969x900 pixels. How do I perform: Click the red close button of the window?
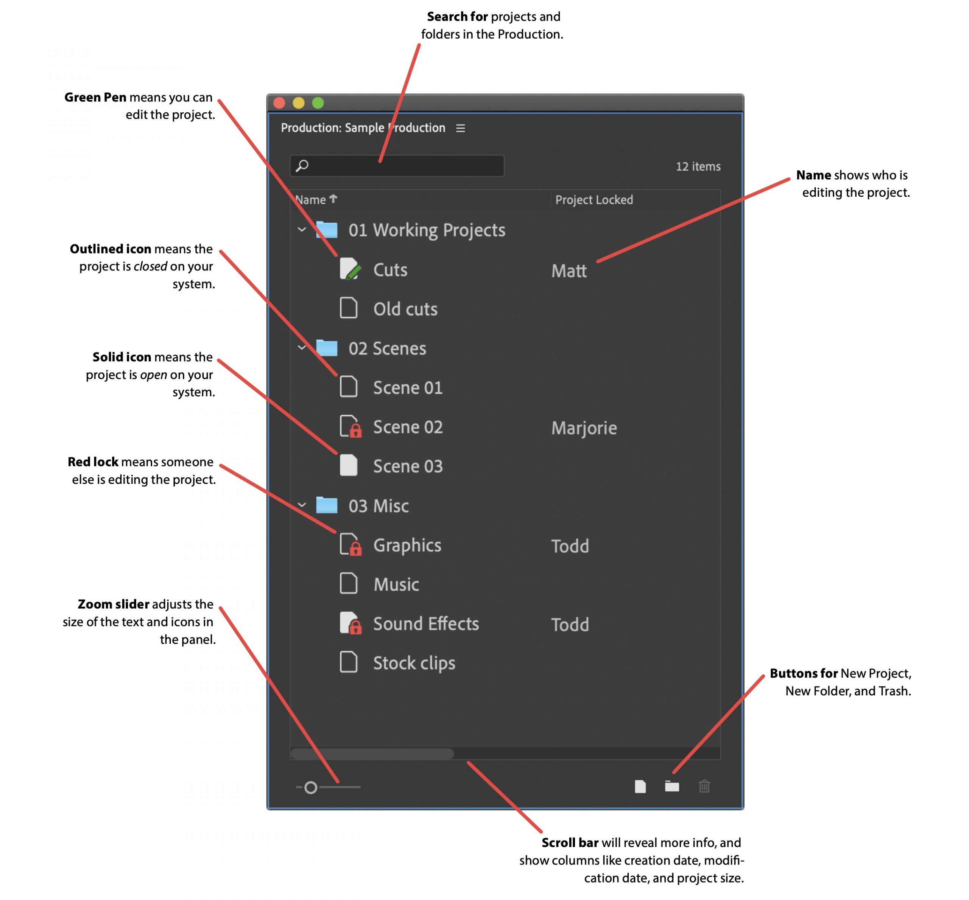pyautogui.click(x=279, y=103)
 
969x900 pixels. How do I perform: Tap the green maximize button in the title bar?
pyautogui.click(x=318, y=103)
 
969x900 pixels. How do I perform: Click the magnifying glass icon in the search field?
pyautogui.click(x=302, y=166)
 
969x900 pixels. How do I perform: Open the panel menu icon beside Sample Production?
pyautogui.click(x=460, y=128)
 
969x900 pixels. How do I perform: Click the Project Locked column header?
pyautogui.click(x=594, y=200)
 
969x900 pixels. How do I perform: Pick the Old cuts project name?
pyautogui.click(x=405, y=309)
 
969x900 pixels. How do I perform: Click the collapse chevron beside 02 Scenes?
pyautogui.click(x=302, y=348)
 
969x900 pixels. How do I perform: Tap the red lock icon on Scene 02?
pyautogui.click(x=356, y=431)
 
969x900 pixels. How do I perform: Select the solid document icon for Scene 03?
pyautogui.click(x=348, y=466)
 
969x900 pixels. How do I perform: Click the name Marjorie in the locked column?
pyautogui.click(x=584, y=428)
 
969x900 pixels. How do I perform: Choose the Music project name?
pyautogui.click(x=396, y=584)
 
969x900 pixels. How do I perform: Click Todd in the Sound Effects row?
pyautogui.click(x=570, y=625)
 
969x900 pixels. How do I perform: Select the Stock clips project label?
pyautogui.click(x=414, y=663)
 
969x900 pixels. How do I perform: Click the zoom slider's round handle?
pyautogui.click(x=310, y=788)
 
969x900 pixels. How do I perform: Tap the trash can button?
pyautogui.click(x=704, y=787)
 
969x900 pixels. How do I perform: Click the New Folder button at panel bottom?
pyautogui.click(x=672, y=787)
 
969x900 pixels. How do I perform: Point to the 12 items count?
pyautogui.click(x=698, y=166)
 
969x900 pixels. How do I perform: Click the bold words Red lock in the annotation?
pyautogui.click(x=93, y=462)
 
